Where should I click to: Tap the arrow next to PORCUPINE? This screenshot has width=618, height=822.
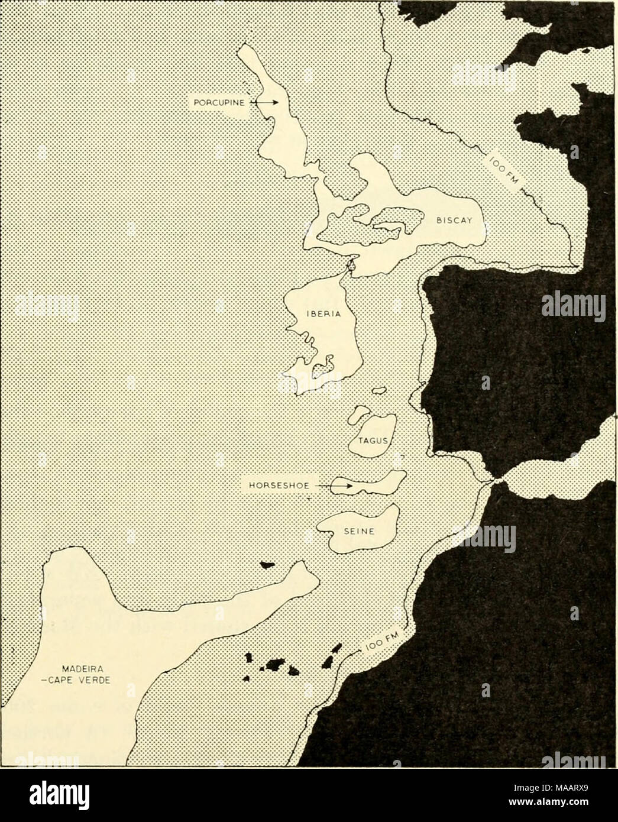[x=265, y=102]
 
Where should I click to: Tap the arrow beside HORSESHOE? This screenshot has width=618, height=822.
[x=339, y=486]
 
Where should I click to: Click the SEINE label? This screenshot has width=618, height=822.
[x=359, y=530]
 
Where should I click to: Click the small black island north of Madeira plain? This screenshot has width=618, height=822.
[x=269, y=566]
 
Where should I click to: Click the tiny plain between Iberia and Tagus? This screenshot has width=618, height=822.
[x=378, y=390]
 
